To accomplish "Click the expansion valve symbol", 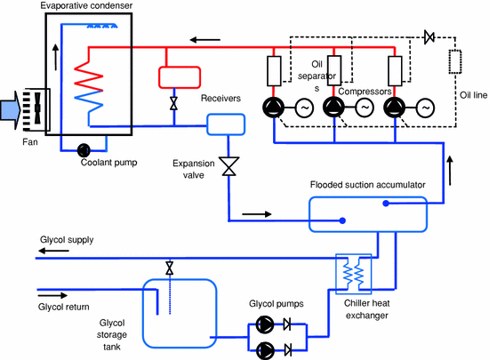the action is (228, 166).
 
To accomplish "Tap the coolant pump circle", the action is (84, 150).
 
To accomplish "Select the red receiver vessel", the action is (180, 77).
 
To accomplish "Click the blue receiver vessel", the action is (226, 124).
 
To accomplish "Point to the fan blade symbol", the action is (37, 108).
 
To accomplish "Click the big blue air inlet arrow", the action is (11, 109).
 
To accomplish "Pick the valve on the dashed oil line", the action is (429, 37).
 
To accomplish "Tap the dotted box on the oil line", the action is (455, 61).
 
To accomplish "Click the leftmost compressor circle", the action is (274, 108).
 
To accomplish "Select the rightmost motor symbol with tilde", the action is (425, 108).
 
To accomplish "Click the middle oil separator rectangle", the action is (334, 70).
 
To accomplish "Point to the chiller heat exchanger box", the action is (353, 275).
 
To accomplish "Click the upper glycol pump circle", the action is (265, 324).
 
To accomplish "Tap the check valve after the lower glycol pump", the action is (287, 349).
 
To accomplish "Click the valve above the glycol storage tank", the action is (169, 268).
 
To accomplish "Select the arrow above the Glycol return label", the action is (52, 295).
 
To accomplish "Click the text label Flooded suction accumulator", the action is (368, 185).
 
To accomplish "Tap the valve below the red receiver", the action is (174, 103).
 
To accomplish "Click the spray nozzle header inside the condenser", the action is (102, 26).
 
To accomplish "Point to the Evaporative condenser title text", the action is (86, 5).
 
